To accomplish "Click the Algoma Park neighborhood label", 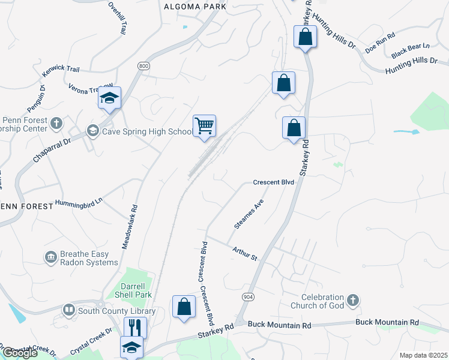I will click(195, 6).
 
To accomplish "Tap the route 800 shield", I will click(143, 67).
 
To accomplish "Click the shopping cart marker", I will click(204, 127).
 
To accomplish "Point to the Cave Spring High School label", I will click(147, 131).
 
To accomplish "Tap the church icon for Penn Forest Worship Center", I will click(56, 124).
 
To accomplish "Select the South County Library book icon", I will click(69, 310).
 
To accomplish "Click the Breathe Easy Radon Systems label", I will click(88, 258).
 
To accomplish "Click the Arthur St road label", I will click(244, 253).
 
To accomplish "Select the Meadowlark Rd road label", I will click(134, 224).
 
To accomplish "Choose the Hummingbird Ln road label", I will click(79, 202).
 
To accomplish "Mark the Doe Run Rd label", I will click(382, 40).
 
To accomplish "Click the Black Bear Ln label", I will click(411, 50).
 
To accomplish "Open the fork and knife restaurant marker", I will click(134, 328).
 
